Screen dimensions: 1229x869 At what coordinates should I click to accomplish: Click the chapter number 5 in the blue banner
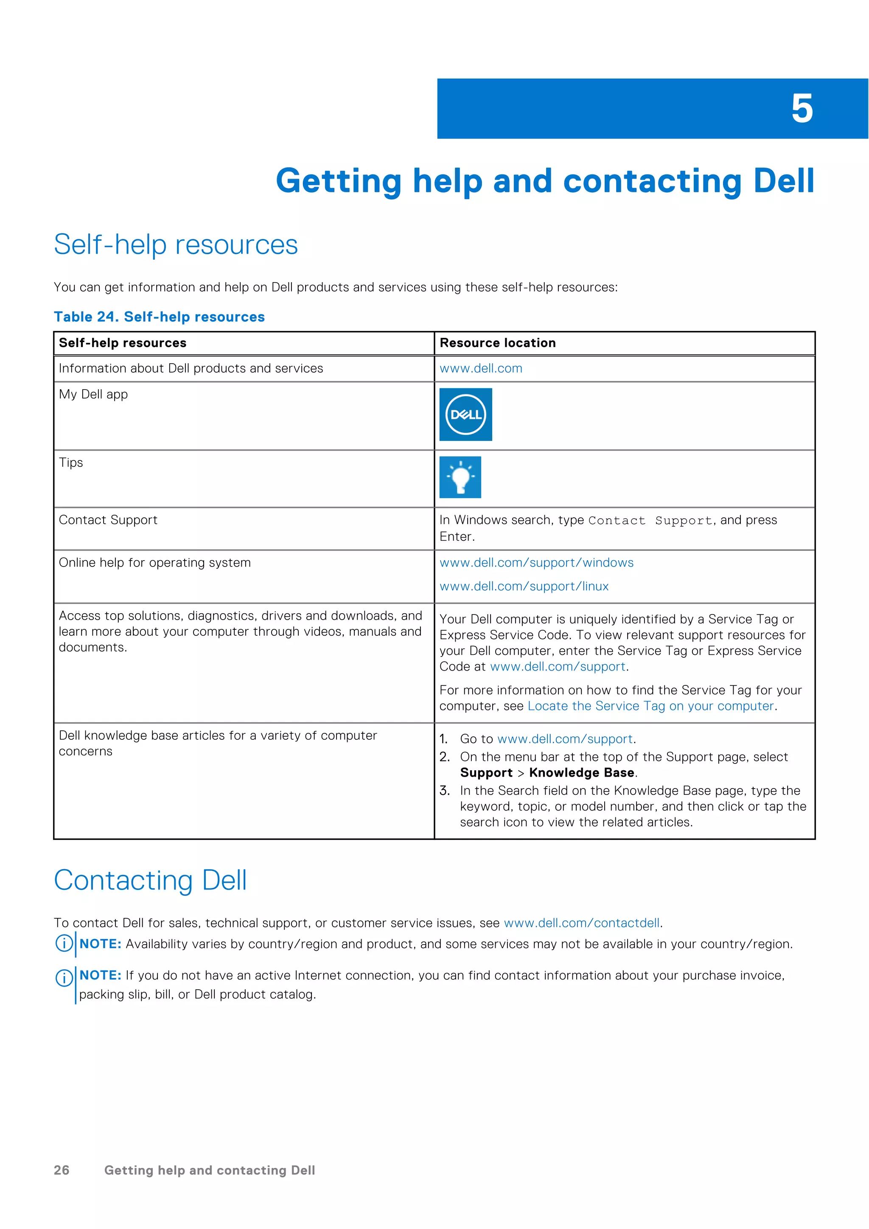click(x=802, y=109)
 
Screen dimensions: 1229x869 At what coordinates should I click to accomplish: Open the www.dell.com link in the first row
click(x=480, y=368)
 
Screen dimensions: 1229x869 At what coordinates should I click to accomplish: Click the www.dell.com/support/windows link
click(x=536, y=563)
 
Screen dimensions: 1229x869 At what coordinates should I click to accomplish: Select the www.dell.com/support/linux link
click(x=524, y=586)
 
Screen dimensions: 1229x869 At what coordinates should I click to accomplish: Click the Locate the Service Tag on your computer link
click(x=650, y=706)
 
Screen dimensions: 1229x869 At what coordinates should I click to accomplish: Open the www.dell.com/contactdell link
click(x=582, y=923)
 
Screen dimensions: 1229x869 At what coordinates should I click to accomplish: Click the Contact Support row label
click(x=108, y=520)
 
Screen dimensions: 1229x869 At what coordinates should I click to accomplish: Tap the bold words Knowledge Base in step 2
click(x=582, y=772)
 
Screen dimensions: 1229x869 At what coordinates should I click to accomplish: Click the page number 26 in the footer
click(x=62, y=1170)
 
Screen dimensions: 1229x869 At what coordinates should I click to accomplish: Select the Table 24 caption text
click(x=159, y=317)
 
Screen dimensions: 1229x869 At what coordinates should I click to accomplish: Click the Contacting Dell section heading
click(x=150, y=881)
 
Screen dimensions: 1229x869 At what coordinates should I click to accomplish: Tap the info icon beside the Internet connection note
click(x=64, y=978)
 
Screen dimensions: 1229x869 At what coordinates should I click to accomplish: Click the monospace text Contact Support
click(x=650, y=520)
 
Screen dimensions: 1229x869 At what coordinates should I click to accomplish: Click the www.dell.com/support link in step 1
click(x=565, y=739)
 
